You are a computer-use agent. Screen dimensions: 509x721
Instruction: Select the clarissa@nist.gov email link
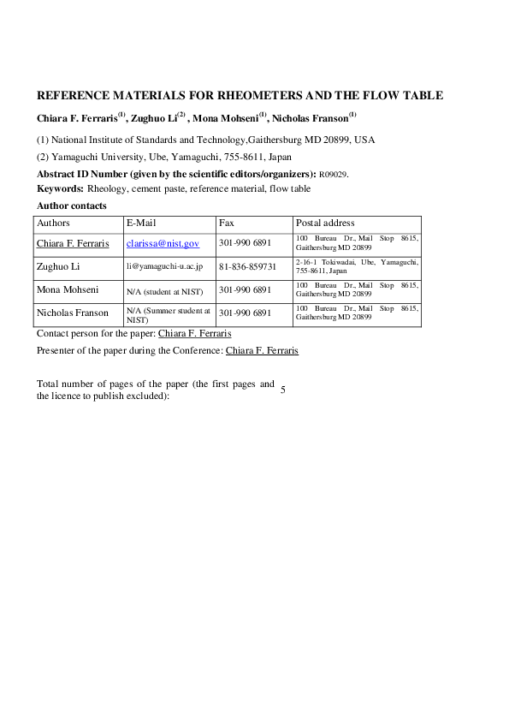click(x=163, y=244)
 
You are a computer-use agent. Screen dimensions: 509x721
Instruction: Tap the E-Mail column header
click(x=140, y=223)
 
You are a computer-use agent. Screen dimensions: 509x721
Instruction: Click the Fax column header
click(x=227, y=223)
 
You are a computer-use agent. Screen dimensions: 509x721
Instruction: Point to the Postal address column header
click(x=325, y=223)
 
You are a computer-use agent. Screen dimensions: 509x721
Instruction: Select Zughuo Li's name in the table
click(x=58, y=267)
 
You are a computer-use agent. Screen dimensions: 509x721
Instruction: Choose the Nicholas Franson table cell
click(x=73, y=313)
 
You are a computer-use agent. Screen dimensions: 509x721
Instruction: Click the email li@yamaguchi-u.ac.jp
click(x=164, y=267)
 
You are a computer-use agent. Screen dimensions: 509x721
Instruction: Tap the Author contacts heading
click(x=72, y=206)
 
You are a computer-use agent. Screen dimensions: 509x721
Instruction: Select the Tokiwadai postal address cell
click(x=355, y=266)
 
